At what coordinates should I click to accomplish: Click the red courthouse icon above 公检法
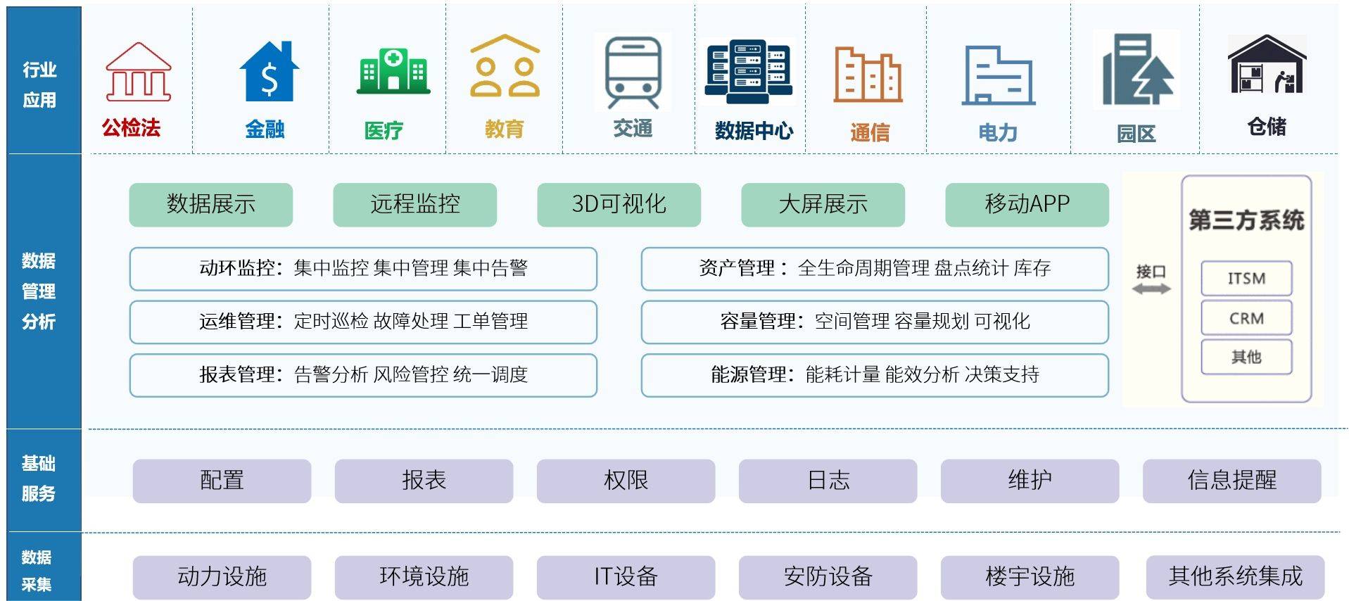click(x=138, y=72)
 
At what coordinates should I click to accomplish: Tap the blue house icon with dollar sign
click(x=269, y=71)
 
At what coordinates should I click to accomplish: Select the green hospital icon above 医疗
click(x=393, y=71)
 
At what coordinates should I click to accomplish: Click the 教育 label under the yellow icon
click(x=505, y=129)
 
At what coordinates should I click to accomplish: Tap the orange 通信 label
click(x=870, y=132)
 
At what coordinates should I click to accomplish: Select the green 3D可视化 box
click(x=619, y=205)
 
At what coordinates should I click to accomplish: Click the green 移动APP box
click(x=1027, y=205)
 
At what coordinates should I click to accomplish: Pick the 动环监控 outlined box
click(x=363, y=269)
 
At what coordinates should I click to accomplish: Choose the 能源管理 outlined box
click(x=875, y=375)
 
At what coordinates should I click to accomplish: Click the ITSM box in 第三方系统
click(x=1246, y=279)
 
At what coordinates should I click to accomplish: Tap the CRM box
click(x=1246, y=318)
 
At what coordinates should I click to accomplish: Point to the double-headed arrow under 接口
click(x=1151, y=289)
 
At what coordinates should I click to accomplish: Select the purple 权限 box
click(x=626, y=481)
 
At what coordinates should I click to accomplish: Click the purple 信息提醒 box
click(x=1231, y=481)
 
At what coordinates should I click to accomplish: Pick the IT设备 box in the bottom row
click(x=626, y=577)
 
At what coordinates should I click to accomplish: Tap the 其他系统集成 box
click(x=1235, y=577)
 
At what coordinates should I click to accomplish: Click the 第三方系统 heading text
click(x=1246, y=220)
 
